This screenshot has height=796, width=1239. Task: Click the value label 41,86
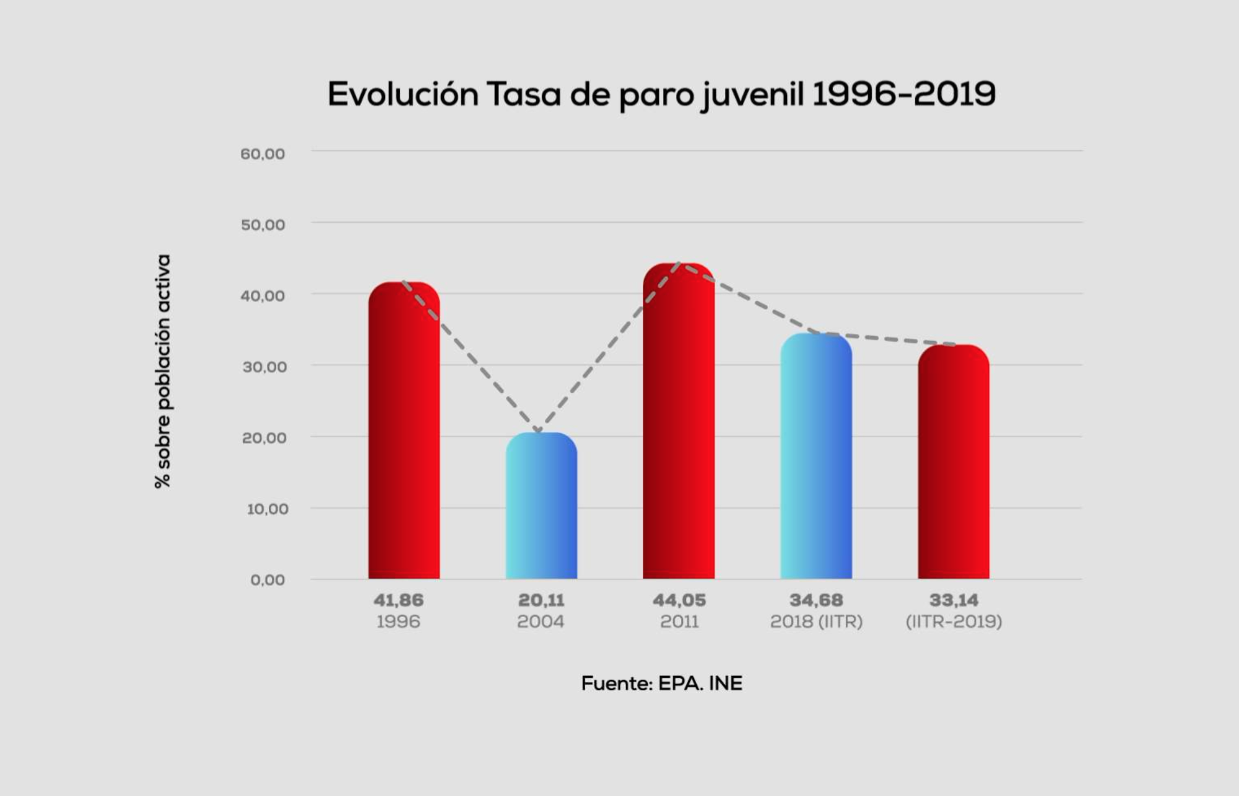click(x=398, y=600)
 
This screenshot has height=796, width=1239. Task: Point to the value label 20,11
click(x=541, y=600)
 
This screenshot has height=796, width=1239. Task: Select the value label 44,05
click(x=679, y=600)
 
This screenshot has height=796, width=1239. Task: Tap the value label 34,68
click(x=816, y=600)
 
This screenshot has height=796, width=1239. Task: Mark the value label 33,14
click(x=954, y=600)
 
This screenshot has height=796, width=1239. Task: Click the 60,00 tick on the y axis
click(x=263, y=154)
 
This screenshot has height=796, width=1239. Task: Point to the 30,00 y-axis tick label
click(x=264, y=367)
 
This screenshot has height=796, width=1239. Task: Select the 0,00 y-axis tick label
click(x=267, y=580)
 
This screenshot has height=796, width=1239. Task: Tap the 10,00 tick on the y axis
click(x=267, y=509)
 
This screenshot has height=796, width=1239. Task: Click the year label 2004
click(x=541, y=621)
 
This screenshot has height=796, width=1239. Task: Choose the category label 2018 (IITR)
click(x=816, y=621)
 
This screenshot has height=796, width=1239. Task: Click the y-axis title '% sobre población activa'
click(x=162, y=371)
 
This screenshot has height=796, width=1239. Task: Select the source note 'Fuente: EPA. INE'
click(x=661, y=683)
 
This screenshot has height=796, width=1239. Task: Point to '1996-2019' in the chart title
click(x=903, y=94)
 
